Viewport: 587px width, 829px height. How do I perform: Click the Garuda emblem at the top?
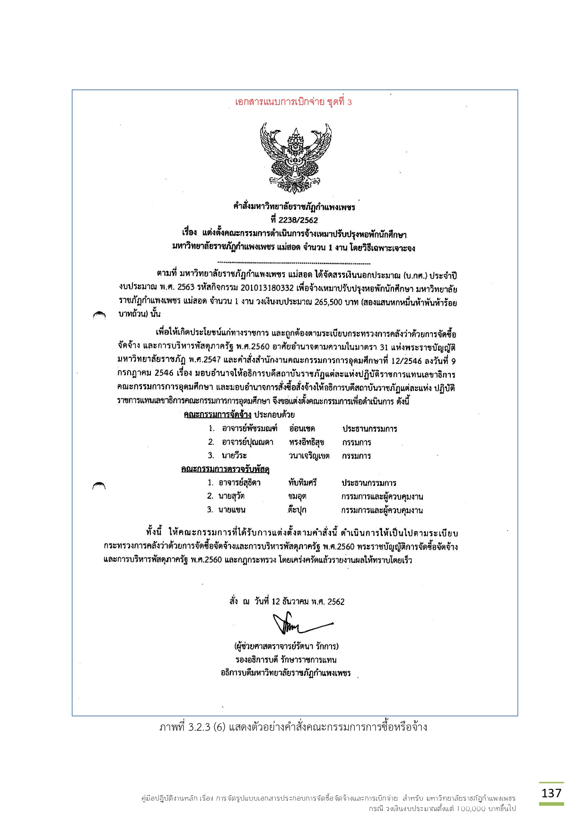tap(295, 157)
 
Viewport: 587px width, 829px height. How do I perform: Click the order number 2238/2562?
tap(294, 220)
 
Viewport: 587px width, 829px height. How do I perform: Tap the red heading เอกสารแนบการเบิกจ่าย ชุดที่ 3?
tap(293, 102)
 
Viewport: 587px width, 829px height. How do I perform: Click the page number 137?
tap(551, 793)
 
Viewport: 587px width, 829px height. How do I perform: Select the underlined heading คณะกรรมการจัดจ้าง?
tap(217, 414)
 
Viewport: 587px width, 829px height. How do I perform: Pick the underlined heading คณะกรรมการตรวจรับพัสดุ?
tap(225, 469)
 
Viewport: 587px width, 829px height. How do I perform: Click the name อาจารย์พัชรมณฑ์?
tap(249, 429)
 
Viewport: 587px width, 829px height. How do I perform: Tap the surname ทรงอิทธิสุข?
tap(307, 442)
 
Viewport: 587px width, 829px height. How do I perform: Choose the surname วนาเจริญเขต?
tap(309, 456)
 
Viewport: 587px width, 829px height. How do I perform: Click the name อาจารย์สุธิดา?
tap(239, 483)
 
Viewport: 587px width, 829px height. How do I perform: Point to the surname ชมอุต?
tap(297, 496)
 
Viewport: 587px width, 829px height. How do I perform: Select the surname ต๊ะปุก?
tap(297, 510)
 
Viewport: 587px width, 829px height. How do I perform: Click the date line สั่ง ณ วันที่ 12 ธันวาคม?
tap(287, 602)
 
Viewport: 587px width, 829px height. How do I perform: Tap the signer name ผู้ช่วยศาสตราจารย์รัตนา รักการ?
tap(286, 646)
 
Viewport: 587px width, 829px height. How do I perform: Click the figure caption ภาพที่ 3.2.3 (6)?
tap(293, 727)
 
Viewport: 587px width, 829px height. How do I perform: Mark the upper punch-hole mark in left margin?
tap(99, 315)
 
